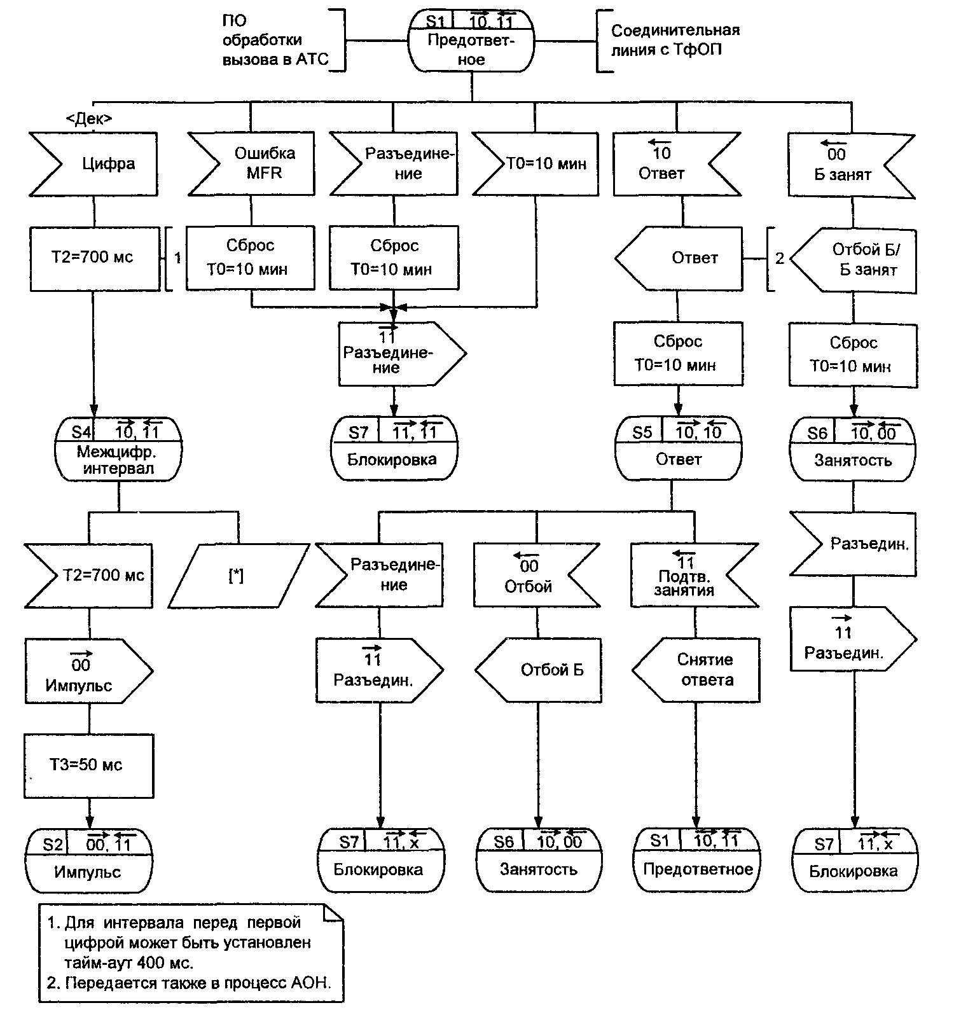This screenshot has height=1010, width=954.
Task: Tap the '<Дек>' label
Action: [x=89, y=119]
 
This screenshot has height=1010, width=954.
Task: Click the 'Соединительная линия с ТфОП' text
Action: [x=674, y=40]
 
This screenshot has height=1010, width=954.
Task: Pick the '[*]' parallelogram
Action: [x=237, y=576]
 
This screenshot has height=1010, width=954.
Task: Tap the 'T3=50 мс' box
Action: [x=88, y=765]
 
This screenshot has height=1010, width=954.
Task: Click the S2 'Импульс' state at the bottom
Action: [x=89, y=860]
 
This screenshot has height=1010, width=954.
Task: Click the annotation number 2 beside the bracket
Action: [x=780, y=259]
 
